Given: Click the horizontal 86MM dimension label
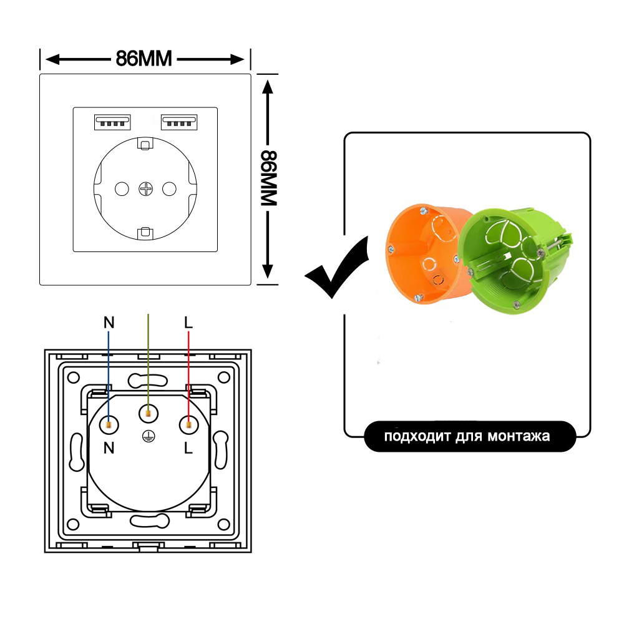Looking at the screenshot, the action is click(144, 59).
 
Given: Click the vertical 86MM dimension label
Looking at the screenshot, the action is click(268, 178).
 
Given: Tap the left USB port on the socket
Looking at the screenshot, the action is click(112, 122).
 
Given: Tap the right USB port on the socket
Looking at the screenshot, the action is click(179, 122).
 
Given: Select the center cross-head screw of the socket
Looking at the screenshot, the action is click(145, 188).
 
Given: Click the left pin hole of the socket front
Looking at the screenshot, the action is click(122, 188).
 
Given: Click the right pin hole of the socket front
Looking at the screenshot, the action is click(170, 188).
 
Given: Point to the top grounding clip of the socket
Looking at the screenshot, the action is click(145, 143).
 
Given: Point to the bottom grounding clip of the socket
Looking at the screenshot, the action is click(145, 233).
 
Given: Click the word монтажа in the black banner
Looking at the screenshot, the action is click(519, 436).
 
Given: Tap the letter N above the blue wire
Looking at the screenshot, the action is click(109, 323).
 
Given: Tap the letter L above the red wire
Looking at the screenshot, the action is click(188, 323).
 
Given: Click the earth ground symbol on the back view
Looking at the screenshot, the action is click(148, 437).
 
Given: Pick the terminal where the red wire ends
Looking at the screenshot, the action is click(188, 426).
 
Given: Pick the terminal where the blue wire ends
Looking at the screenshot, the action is click(109, 426).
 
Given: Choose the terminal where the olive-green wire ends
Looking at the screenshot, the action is click(148, 414).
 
